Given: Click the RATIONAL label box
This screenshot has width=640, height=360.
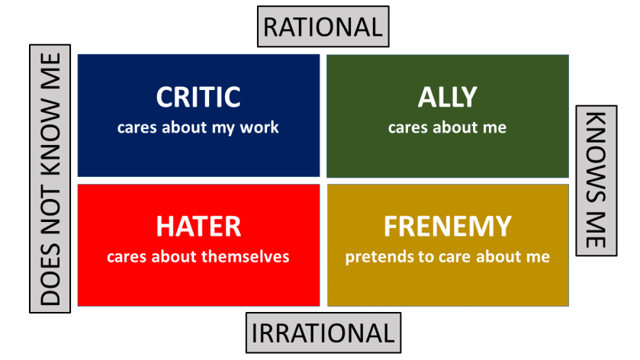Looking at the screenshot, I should (323, 27).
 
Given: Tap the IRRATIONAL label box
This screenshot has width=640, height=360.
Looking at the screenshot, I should (323, 333).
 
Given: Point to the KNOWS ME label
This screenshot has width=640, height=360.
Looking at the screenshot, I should (595, 180).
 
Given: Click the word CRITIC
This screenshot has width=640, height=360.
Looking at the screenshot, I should (198, 97).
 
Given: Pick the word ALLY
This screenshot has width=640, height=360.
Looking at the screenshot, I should (447, 97).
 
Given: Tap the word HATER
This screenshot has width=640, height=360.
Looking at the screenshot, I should (198, 226).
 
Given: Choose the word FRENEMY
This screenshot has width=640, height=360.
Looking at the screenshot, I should (447, 226).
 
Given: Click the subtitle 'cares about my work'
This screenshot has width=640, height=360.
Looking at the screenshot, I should (198, 127).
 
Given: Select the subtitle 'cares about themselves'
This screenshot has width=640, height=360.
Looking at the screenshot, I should (198, 256).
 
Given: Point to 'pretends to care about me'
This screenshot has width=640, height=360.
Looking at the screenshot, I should (447, 256).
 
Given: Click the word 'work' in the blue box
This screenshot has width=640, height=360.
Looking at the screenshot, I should (261, 127).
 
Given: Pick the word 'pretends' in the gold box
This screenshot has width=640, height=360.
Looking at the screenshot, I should (374, 256).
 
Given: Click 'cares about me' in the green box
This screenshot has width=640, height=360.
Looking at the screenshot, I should (447, 127).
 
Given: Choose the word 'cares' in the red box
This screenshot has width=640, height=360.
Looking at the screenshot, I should (127, 256).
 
